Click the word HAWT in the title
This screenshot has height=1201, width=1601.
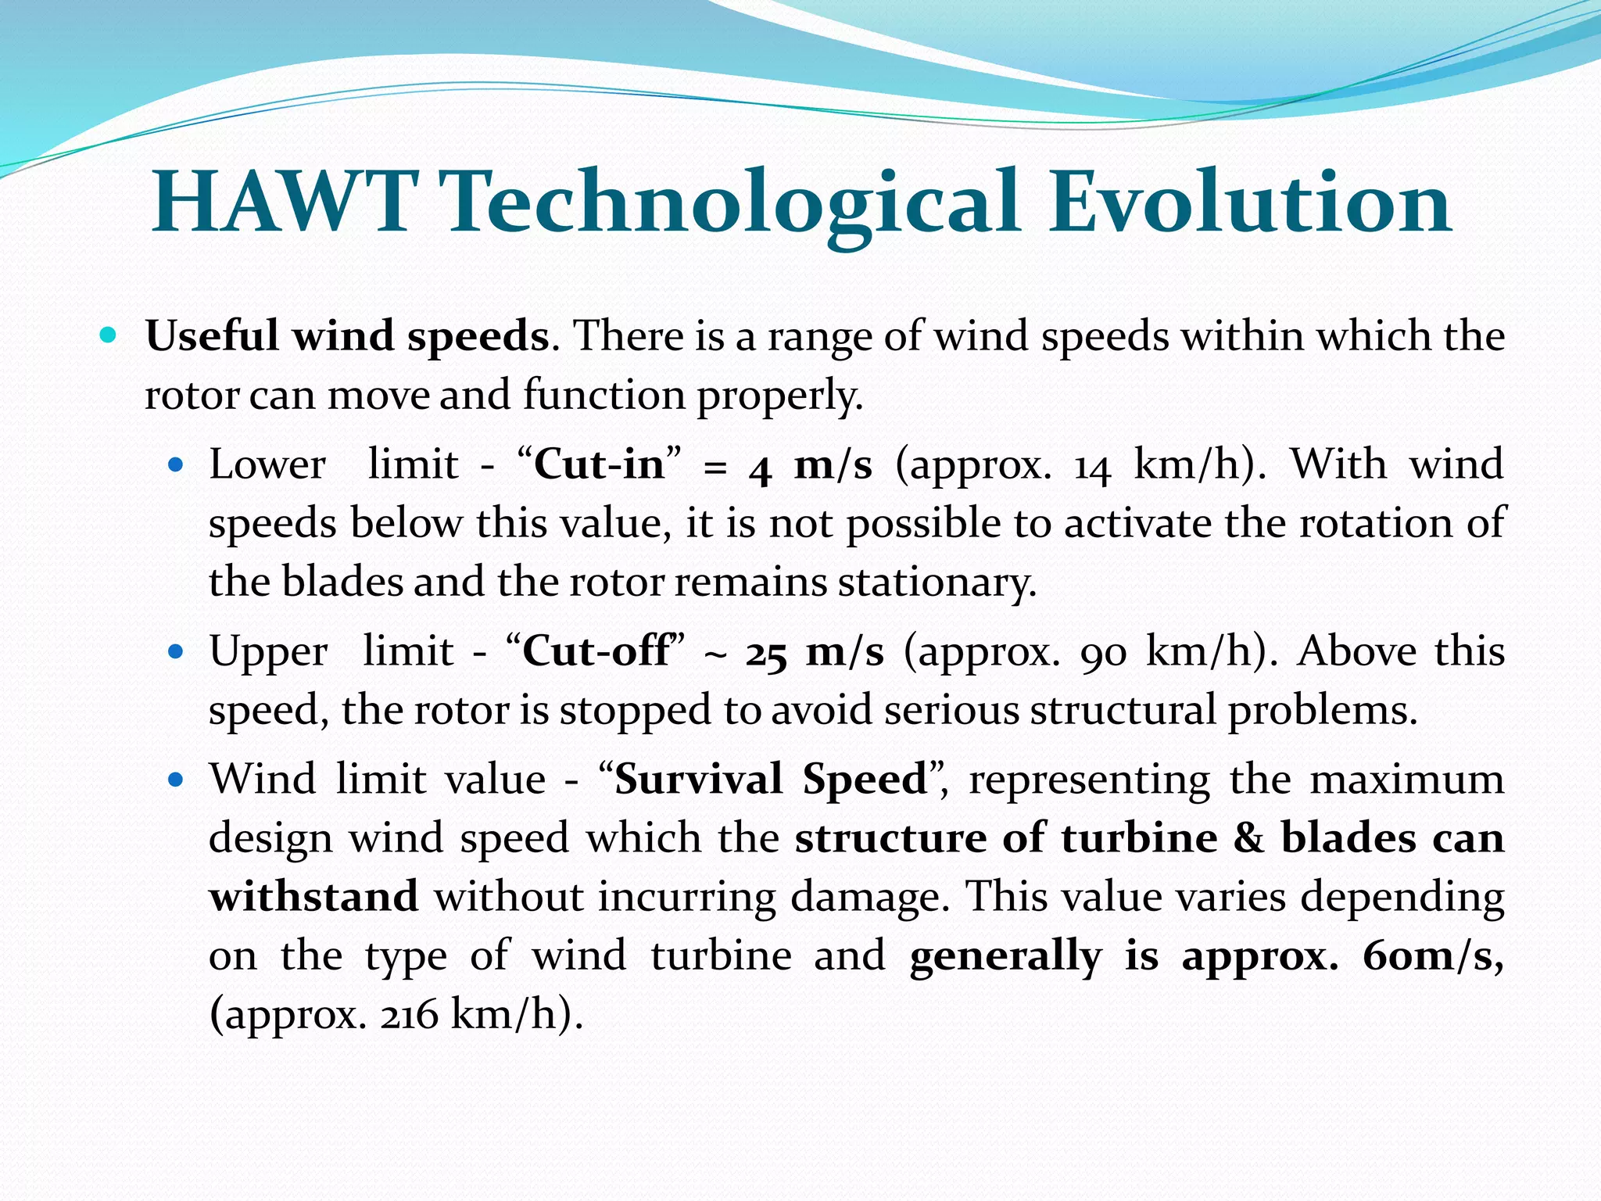pyautogui.click(x=283, y=203)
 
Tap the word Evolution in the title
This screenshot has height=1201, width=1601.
pyautogui.click(x=1249, y=203)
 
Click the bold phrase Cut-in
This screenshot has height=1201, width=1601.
pyautogui.click(x=599, y=464)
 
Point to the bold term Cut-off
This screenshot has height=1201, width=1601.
pyautogui.click(x=596, y=651)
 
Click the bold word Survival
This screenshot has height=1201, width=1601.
pyautogui.click(x=698, y=780)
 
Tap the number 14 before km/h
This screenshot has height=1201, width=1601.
pyautogui.click(x=1092, y=466)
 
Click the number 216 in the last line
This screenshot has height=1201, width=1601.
pyautogui.click(x=410, y=1016)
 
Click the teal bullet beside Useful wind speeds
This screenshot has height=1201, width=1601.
pyautogui.click(x=109, y=336)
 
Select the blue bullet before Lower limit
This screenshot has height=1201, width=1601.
pyautogui.click(x=176, y=465)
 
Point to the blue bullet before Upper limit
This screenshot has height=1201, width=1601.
pyautogui.click(x=176, y=651)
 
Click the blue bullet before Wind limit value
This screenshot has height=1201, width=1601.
pyautogui.click(x=176, y=780)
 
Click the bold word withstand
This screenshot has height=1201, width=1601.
pyautogui.click(x=313, y=897)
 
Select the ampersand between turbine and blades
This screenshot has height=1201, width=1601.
pyautogui.click(x=1248, y=838)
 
